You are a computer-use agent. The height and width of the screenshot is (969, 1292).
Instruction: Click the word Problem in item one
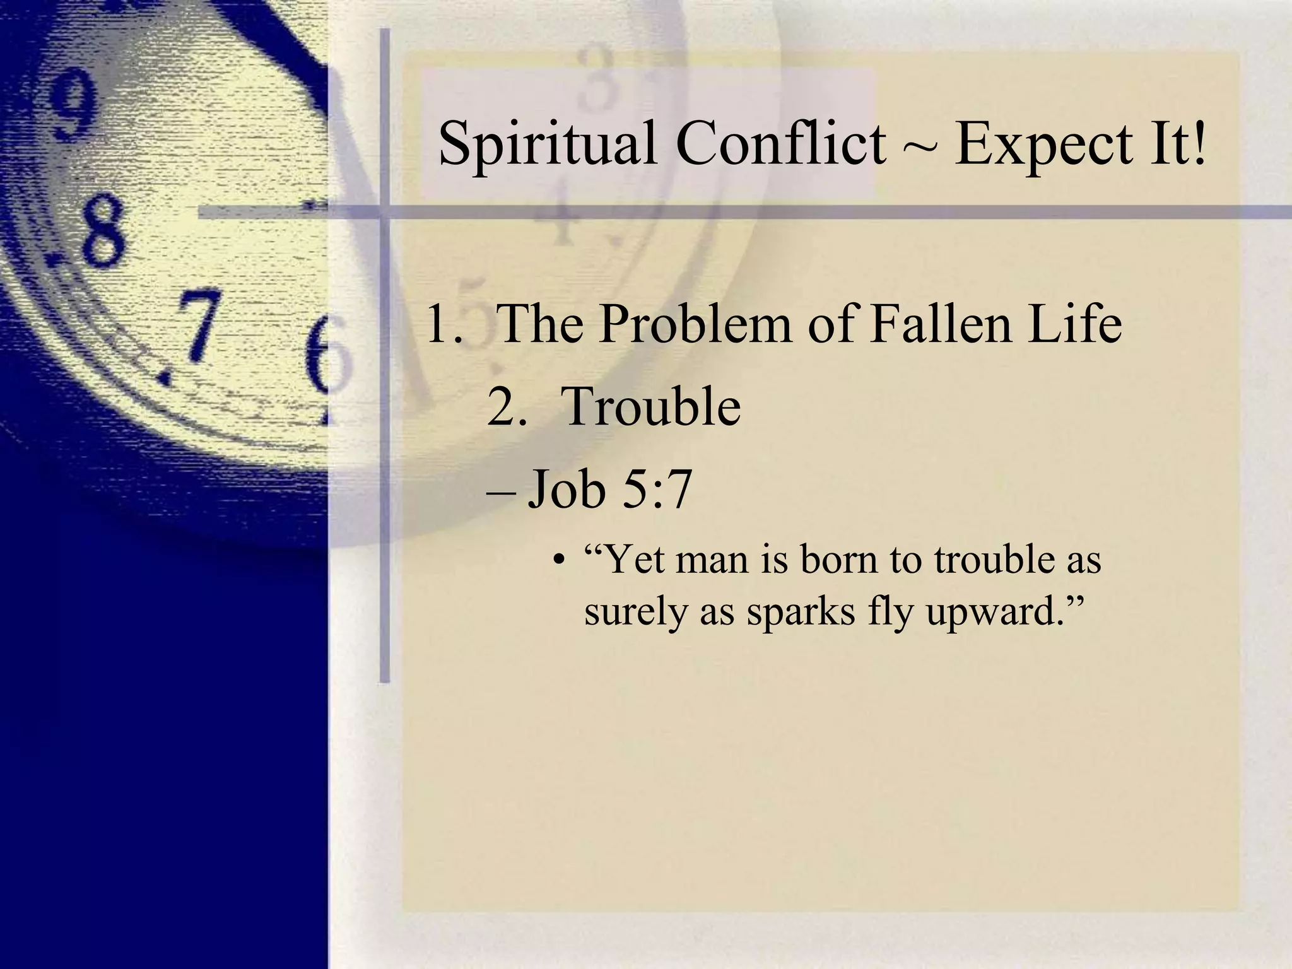point(695,324)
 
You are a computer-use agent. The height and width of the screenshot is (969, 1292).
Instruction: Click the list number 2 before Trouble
point(505,407)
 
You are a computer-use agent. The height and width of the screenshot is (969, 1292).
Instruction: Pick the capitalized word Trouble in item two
point(650,407)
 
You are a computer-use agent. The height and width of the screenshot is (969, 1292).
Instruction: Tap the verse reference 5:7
point(657,489)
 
